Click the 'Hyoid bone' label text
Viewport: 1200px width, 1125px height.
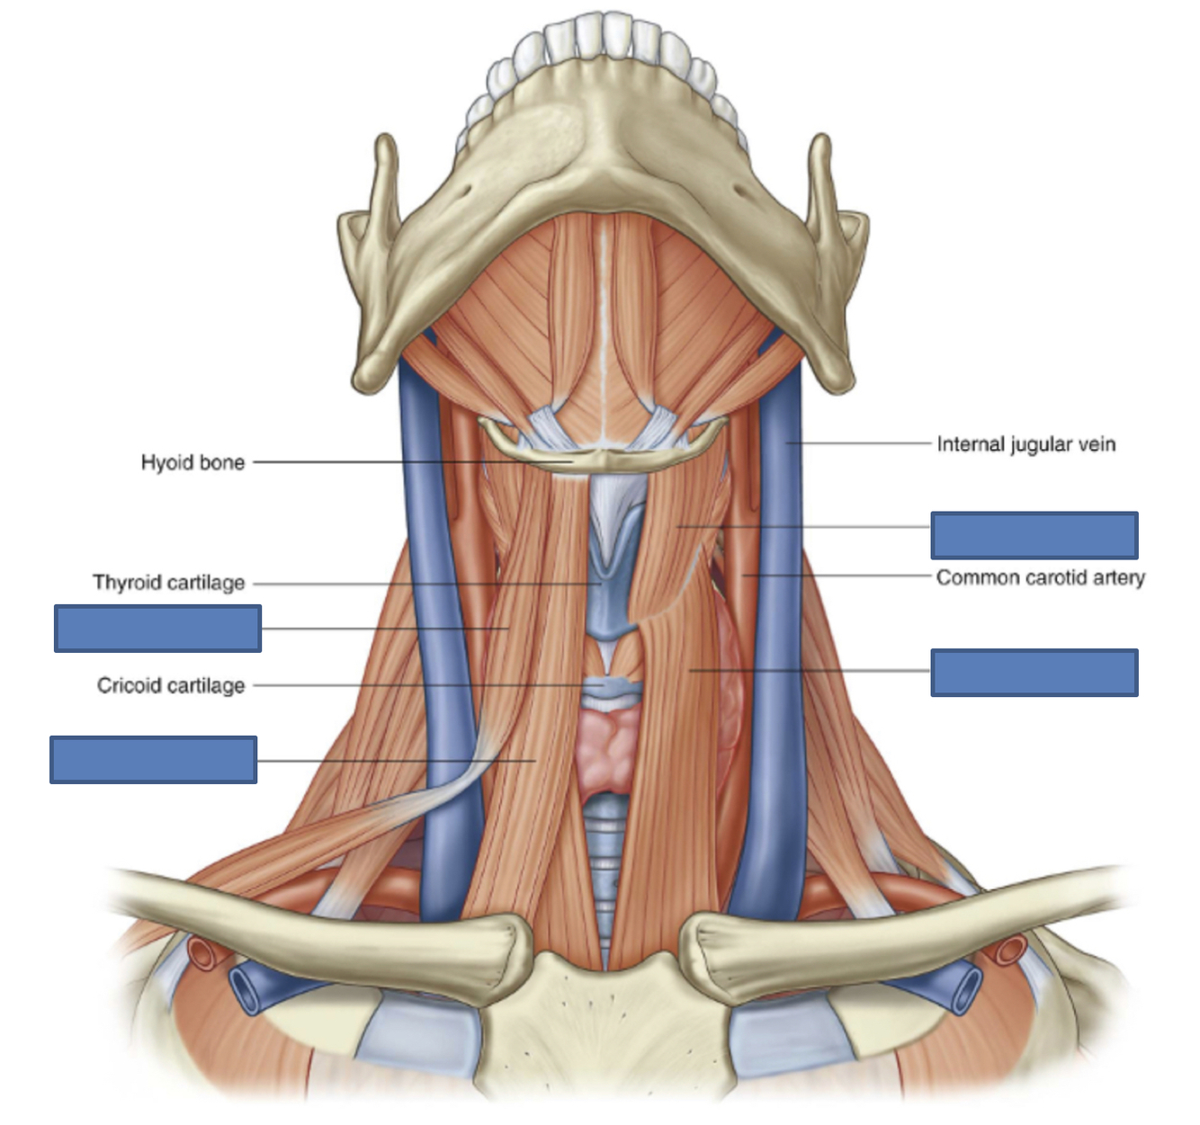[193, 462]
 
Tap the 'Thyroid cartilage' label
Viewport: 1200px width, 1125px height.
[169, 583]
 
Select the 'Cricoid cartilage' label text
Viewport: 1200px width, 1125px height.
[171, 685]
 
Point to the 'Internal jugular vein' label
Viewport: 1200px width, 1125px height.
[1025, 444]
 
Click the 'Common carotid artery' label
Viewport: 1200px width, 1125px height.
[1040, 577]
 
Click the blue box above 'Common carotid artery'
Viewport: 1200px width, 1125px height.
[1034, 535]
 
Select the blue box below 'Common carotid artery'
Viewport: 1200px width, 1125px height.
[1034, 673]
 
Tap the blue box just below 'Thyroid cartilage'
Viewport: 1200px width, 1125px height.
[157, 628]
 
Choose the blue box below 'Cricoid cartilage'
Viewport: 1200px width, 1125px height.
[153, 760]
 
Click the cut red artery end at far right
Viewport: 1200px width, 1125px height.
[1011, 948]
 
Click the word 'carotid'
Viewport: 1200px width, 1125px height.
[1061, 577]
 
